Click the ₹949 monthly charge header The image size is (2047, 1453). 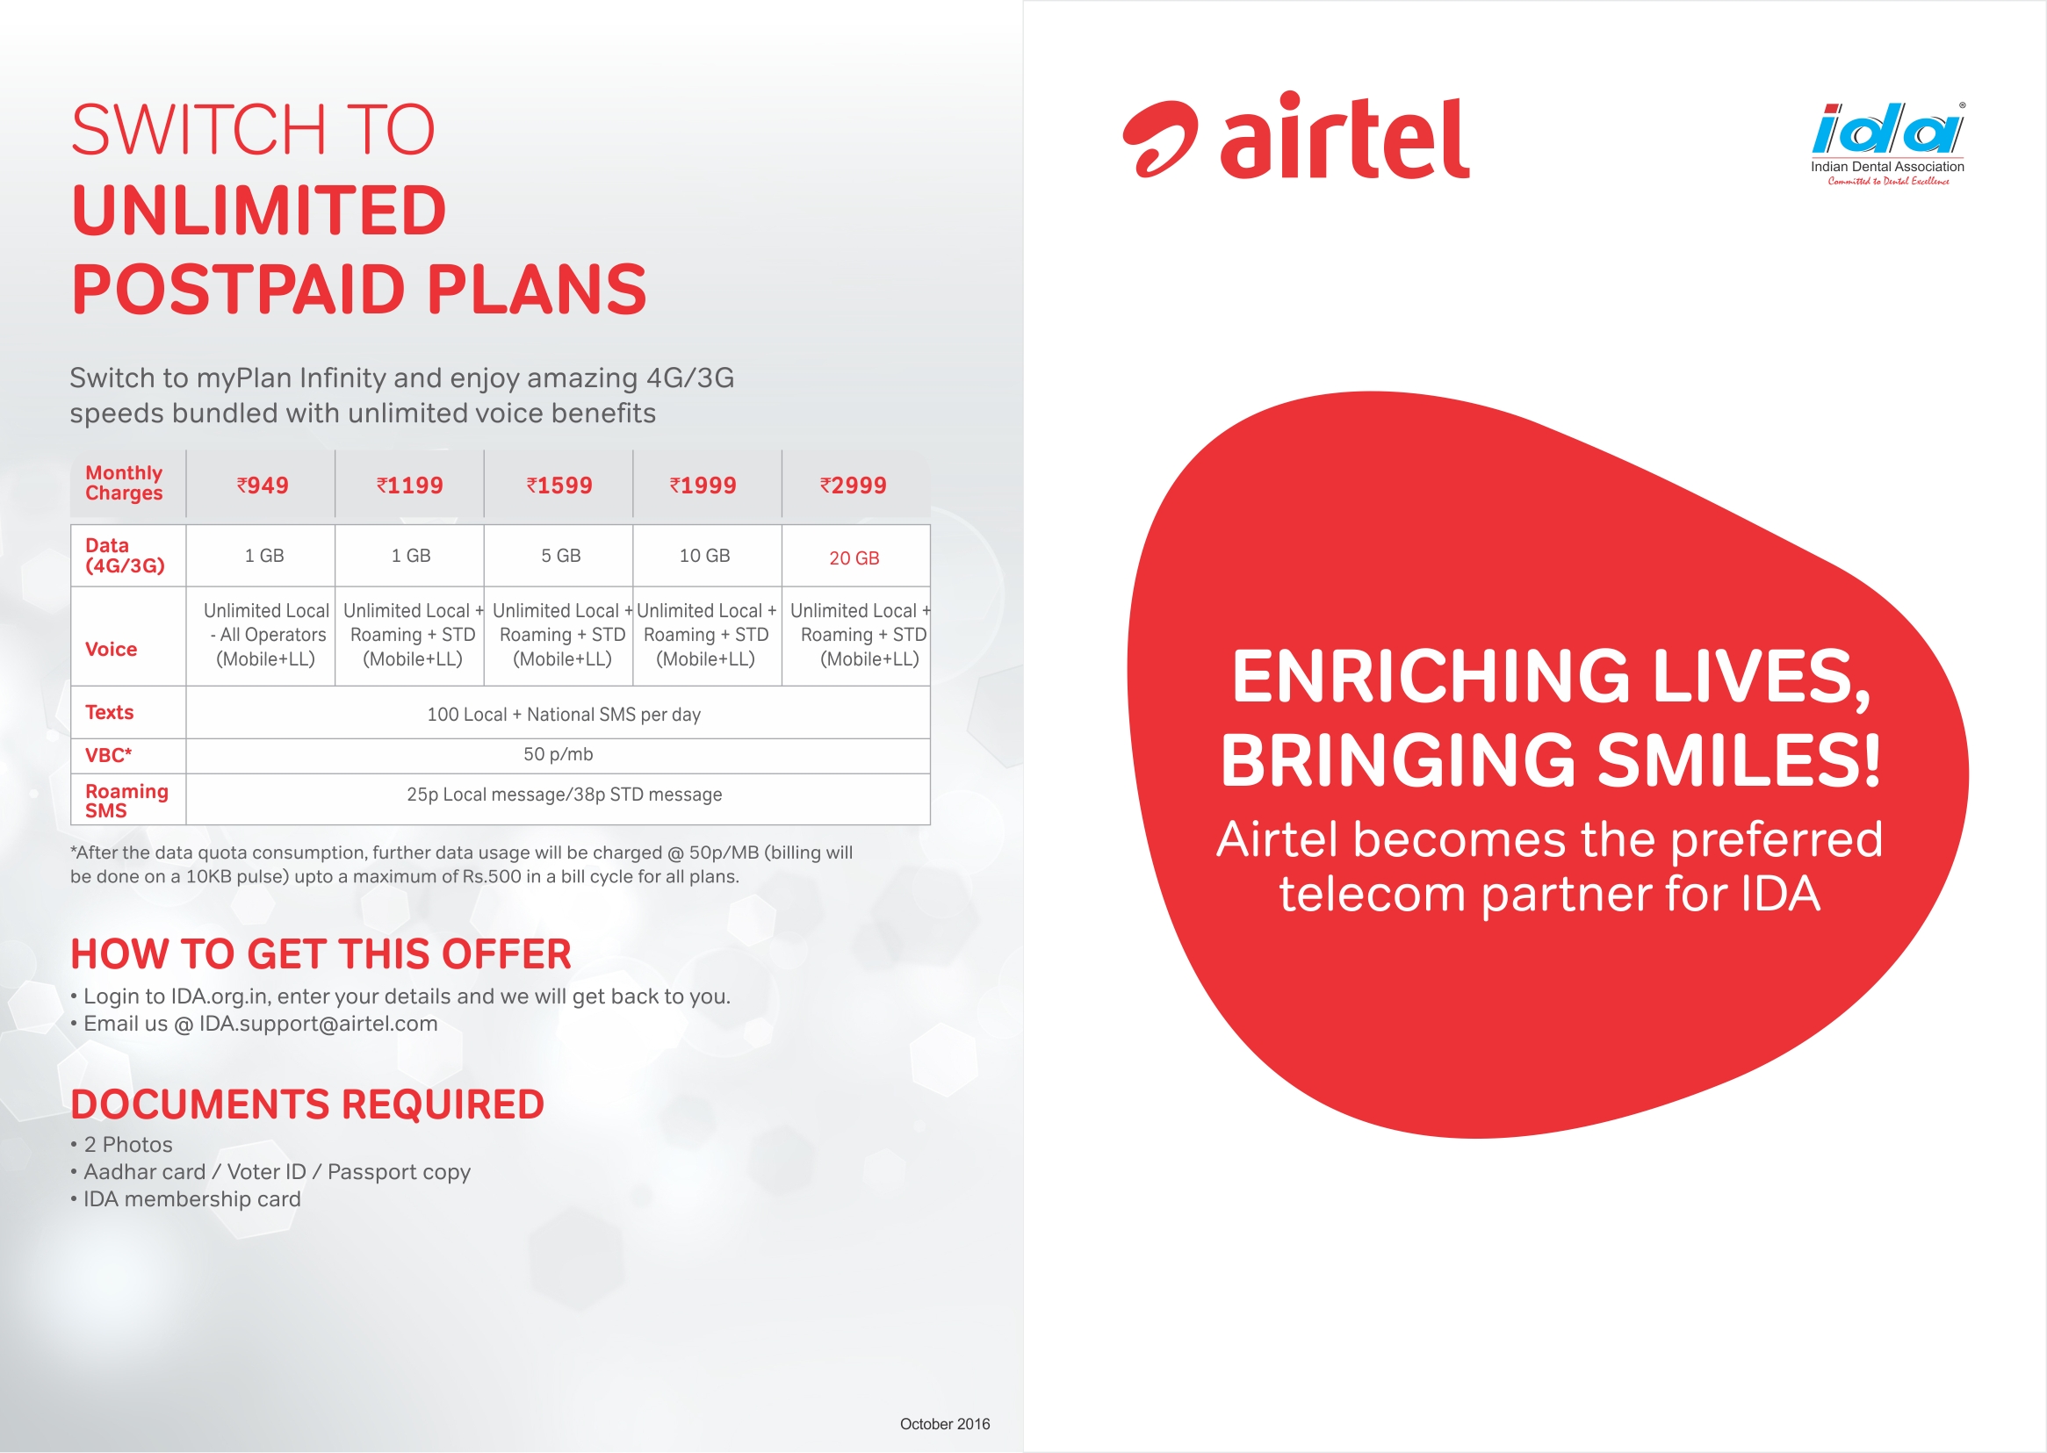pos(263,485)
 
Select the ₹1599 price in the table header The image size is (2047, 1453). pos(559,485)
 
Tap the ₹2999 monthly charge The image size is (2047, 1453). pos(854,485)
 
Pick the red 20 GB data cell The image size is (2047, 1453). pos(854,557)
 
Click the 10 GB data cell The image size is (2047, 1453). pos(705,556)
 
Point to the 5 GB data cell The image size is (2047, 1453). pos(561,556)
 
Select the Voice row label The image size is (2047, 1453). pos(111,649)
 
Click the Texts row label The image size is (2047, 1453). pos(109,712)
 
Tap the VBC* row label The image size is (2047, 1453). pos(108,755)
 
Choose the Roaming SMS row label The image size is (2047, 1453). pos(126,801)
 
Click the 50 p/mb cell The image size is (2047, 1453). pos(559,754)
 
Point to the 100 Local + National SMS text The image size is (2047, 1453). pos(564,714)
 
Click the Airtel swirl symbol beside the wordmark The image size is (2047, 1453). pos(1159,139)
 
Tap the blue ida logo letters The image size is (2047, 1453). pos(1888,131)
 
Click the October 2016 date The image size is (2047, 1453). pos(945,1423)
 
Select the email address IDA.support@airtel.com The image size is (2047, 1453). pos(319,1024)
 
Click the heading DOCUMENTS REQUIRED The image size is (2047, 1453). pos(307,1104)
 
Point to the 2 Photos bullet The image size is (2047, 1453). pos(122,1144)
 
